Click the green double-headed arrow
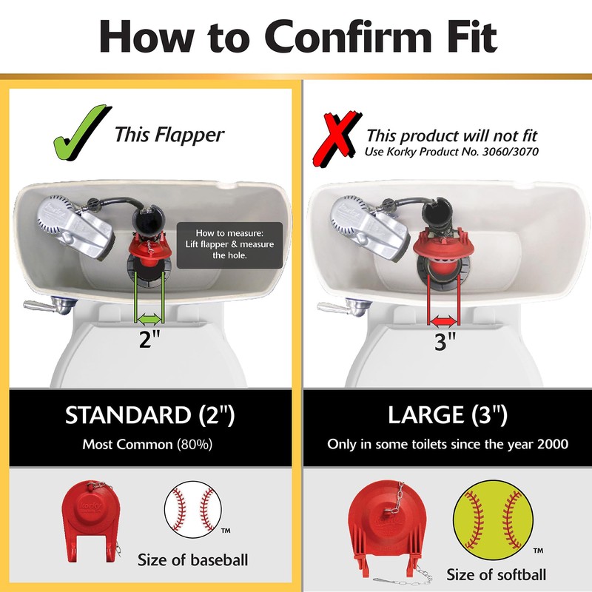coord(149,318)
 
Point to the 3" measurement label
coord(445,343)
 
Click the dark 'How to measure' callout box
coord(229,244)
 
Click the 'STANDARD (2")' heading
coord(149,414)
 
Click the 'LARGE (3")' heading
coord(447,414)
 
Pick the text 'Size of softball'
coord(497,575)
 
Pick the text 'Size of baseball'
coord(192,560)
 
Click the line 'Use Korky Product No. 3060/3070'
coord(453,152)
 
